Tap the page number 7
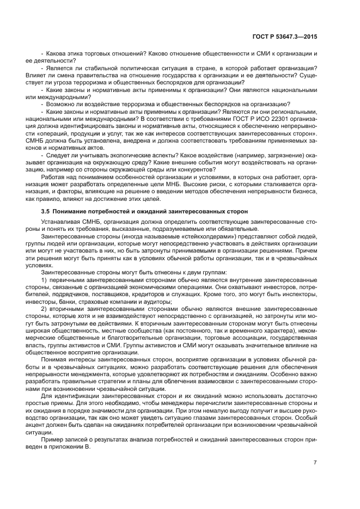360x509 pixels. point(315,463)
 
